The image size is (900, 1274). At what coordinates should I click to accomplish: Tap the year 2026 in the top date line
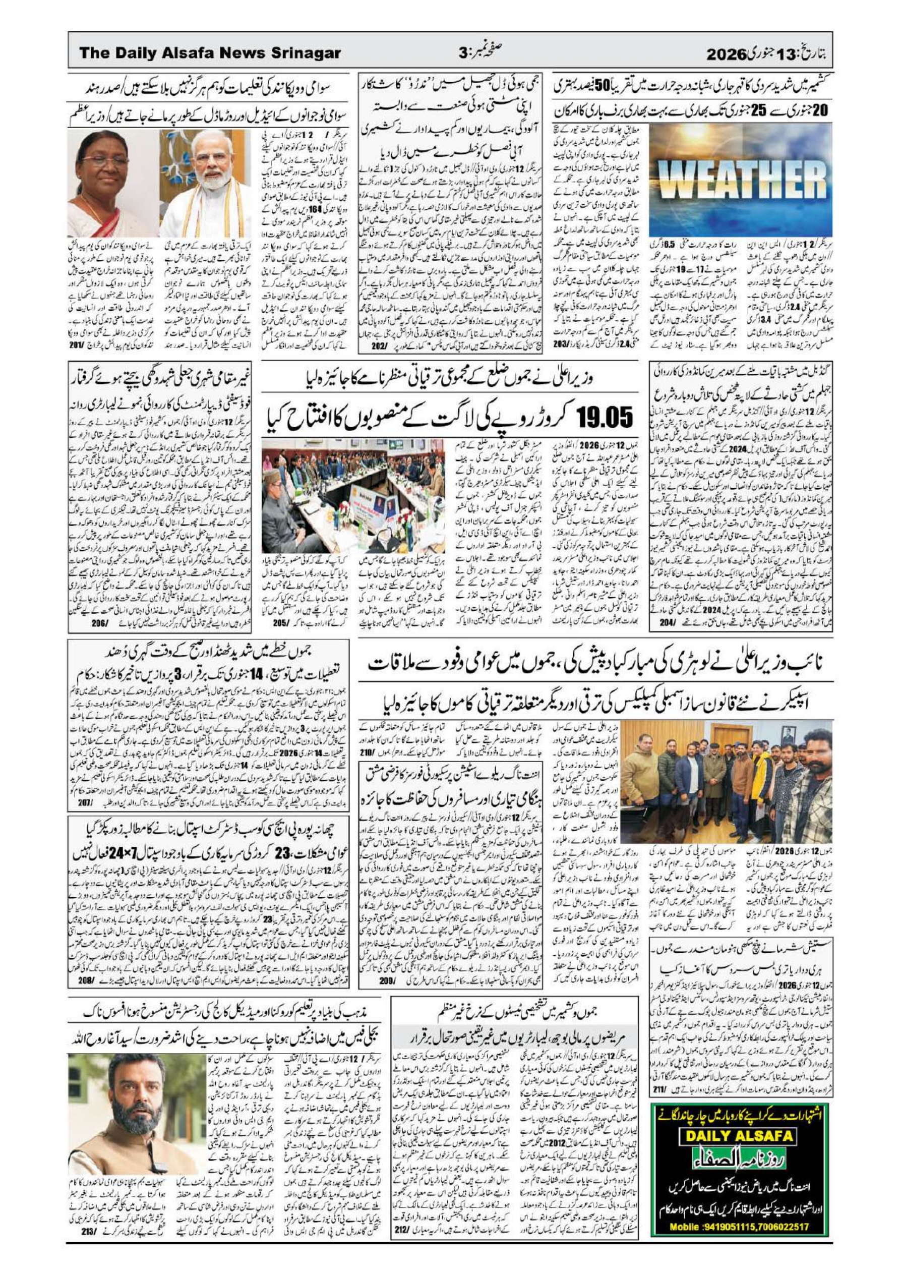724,54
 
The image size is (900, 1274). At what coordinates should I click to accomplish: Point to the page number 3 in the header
463,53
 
